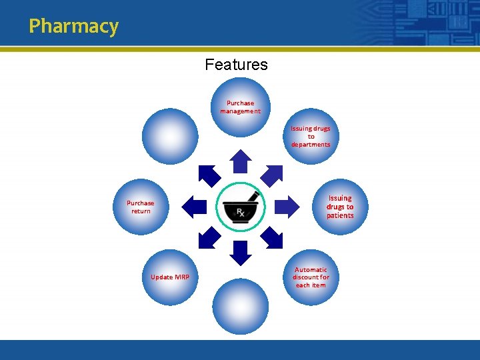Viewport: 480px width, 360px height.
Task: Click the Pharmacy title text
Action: [73, 27]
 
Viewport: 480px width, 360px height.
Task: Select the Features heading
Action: [236, 65]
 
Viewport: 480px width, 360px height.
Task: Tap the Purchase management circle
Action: [241, 107]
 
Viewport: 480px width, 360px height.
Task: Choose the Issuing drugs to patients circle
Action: [340, 207]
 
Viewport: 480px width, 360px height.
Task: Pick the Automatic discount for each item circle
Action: [311, 277]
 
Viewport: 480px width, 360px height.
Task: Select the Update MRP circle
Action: [170, 277]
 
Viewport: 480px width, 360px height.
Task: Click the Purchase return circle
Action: [141, 207]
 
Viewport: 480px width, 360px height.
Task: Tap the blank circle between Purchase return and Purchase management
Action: [170, 137]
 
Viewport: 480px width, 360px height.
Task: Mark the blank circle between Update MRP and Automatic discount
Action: [241, 307]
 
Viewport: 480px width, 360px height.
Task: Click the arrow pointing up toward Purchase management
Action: [241, 161]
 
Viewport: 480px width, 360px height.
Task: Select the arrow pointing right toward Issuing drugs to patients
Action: [287, 207]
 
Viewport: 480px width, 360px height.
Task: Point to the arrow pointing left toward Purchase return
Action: [195, 207]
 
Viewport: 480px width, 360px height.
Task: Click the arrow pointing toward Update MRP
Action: [209, 237]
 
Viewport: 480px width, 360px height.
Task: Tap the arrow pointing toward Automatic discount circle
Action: [272, 237]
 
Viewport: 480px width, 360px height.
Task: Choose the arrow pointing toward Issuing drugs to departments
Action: [272, 175]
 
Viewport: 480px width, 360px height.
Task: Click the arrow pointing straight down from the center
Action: [241, 253]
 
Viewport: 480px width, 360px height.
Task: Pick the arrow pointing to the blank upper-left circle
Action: [209, 175]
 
